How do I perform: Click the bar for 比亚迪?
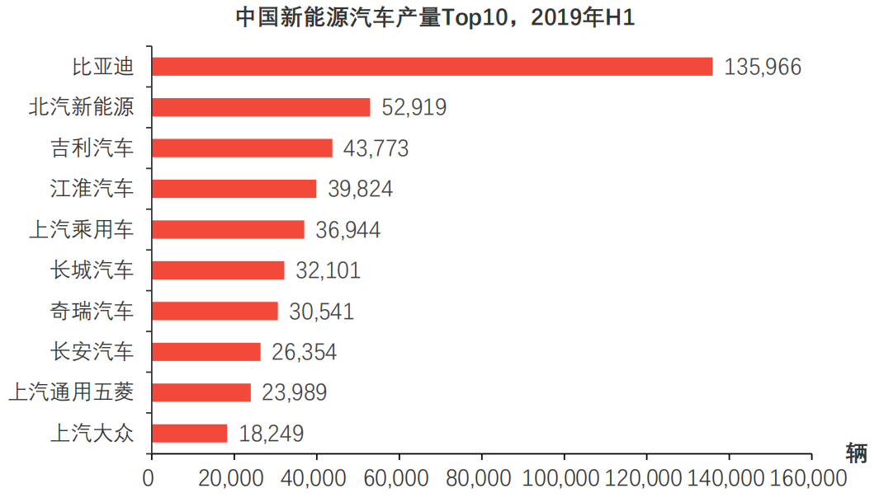432,67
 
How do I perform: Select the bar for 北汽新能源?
261,107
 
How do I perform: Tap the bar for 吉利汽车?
242,148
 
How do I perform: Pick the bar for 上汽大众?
189,434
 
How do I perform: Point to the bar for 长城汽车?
218,270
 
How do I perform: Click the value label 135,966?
763,68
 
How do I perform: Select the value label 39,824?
360,190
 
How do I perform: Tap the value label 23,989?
295,393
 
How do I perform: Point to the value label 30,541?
321,312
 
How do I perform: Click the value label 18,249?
272,434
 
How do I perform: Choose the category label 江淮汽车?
92,190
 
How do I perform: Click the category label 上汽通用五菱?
70,393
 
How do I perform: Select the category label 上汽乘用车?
81,230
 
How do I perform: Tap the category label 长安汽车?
92,352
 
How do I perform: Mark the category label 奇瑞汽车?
92,312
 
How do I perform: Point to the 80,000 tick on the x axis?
481,478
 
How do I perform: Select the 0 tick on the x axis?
149,478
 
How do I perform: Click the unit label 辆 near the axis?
856,453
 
